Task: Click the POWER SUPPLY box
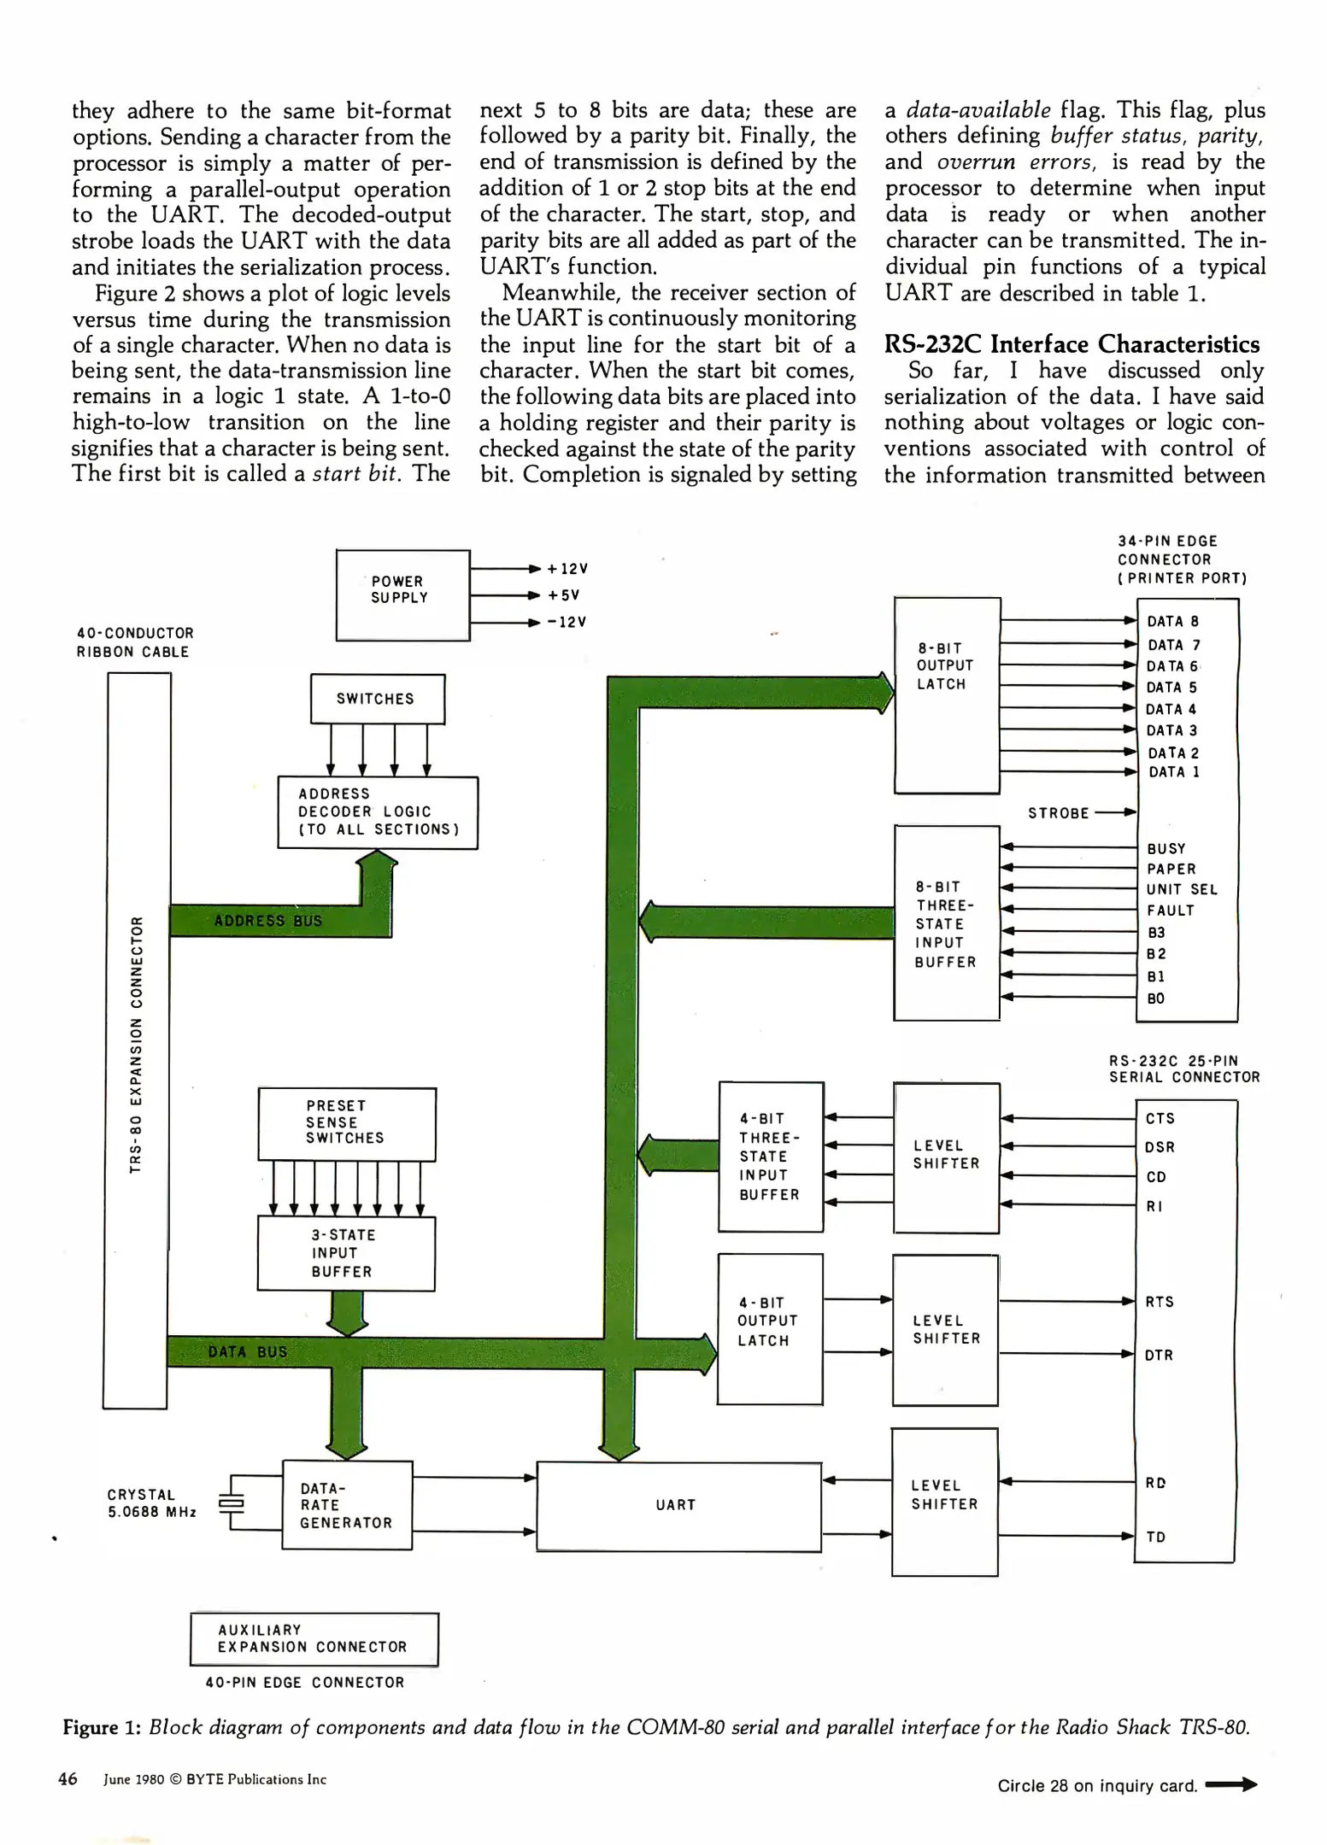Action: point(402,594)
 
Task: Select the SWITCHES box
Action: point(377,699)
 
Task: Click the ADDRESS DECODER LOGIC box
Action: point(378,812)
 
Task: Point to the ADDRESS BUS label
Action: point(267,921)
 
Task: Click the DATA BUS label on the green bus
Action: point(248,1352)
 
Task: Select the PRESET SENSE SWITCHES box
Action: point(347,1123)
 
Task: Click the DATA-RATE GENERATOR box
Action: point(347,1505)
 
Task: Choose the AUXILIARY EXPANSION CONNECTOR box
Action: point(314,1638)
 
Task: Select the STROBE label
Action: point(1058,813)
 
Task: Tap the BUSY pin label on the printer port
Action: point(1166,848)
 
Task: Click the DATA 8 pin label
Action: point(1172,622)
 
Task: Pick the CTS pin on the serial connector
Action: point(1160,1118)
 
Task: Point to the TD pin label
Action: point(1156,1537)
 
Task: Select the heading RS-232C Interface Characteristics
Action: point(1072,344)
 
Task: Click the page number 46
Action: point(68,1779)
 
